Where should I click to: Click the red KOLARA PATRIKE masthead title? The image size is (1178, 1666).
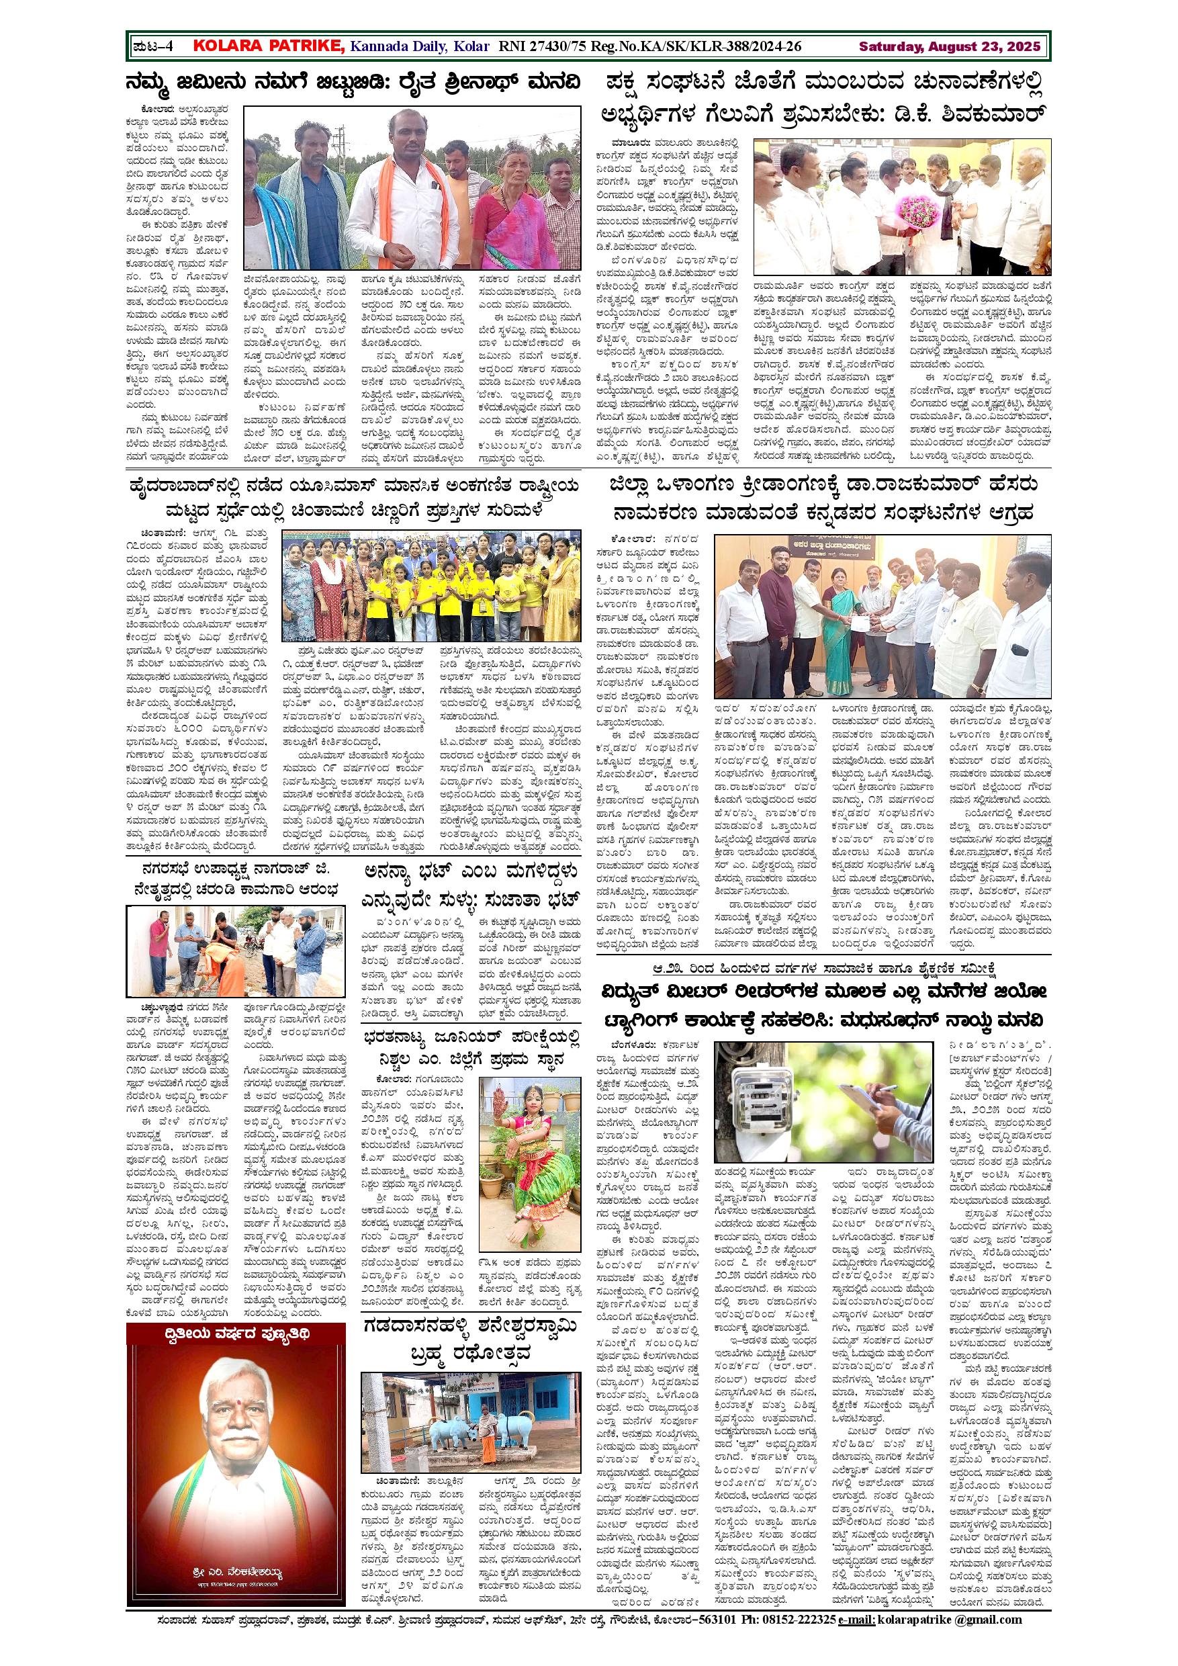[269, 46]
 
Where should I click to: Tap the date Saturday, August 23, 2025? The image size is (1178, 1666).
[950, 47]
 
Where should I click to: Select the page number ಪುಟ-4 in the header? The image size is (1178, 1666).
[153, 47]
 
